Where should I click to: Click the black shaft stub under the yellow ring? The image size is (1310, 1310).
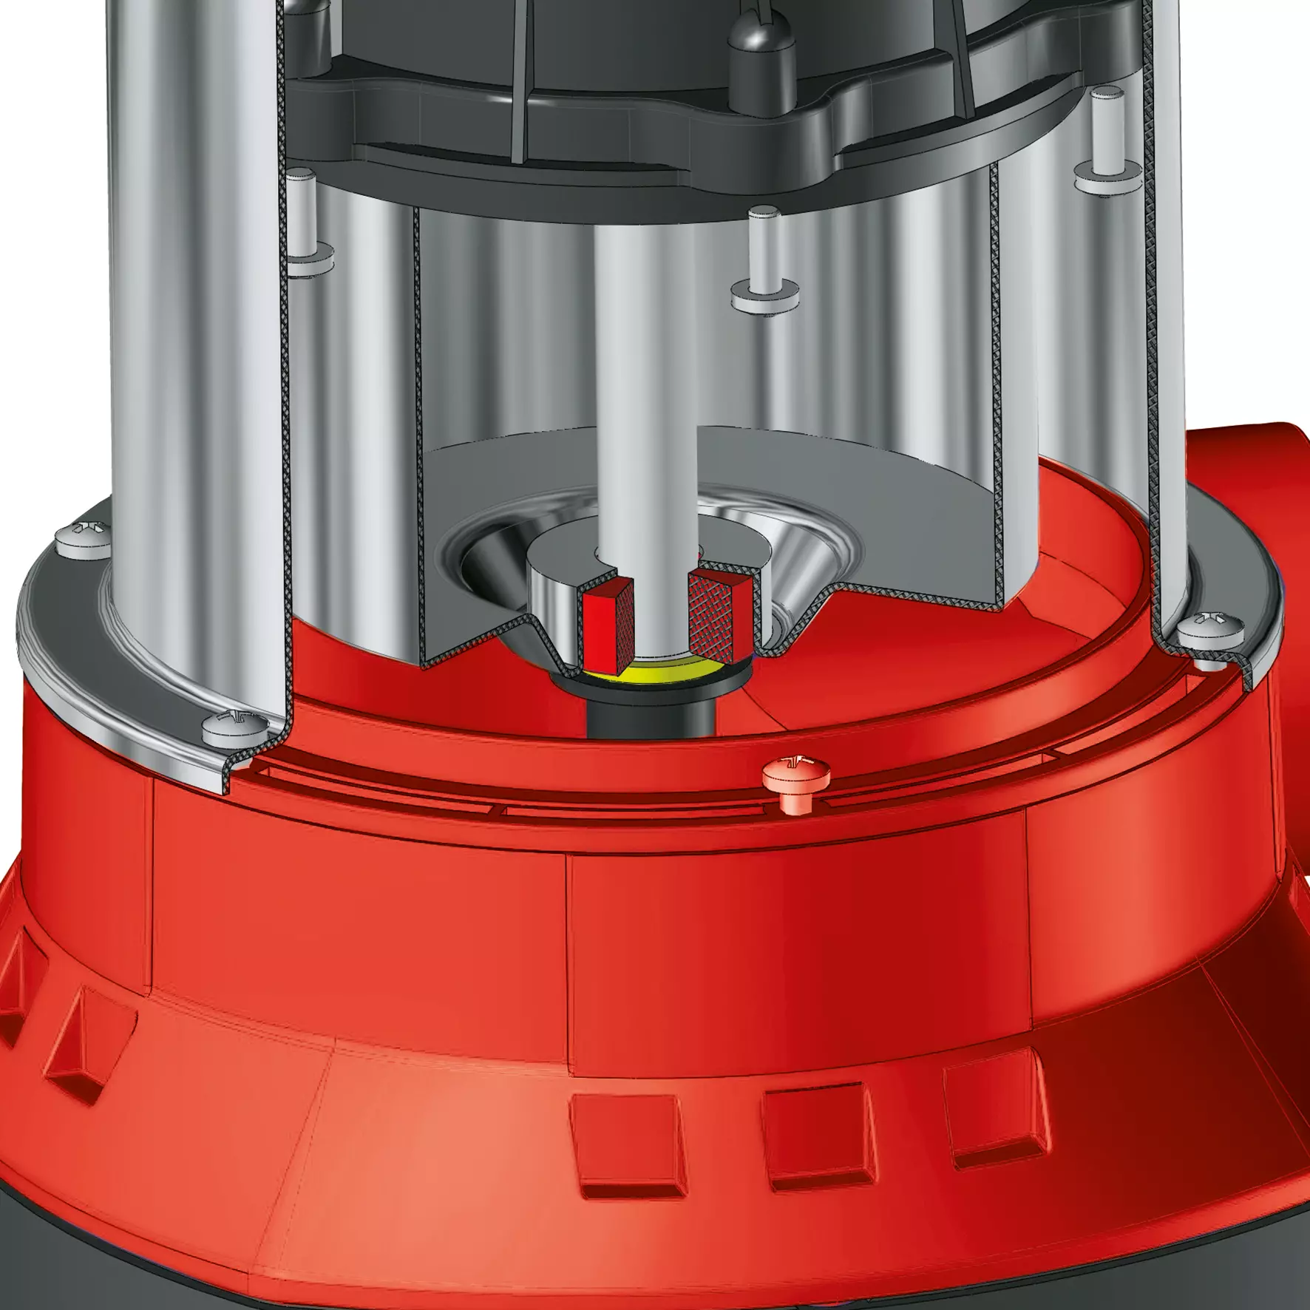point(651,710)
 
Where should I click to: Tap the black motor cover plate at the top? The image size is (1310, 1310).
point(591,111)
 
